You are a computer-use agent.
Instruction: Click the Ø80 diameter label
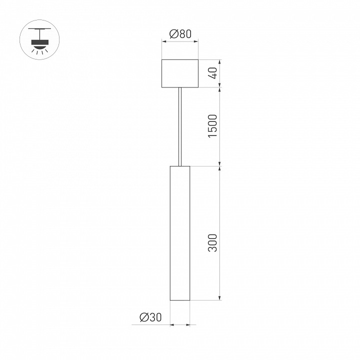coord(180,34)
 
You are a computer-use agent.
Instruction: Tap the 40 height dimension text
coord(213,73)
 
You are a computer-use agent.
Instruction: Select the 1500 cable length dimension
coord(213,126)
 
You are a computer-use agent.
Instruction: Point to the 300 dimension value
coord(213,242)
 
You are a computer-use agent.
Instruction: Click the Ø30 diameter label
coord(150,317)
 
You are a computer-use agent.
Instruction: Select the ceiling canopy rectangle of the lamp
coord(180,73)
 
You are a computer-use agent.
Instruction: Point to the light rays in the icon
coord(39,50)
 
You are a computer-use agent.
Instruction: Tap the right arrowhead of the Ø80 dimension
coord(196,42)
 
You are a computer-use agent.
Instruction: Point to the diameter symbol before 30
coord(143,317)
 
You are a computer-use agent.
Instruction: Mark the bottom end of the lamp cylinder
coord(180,300)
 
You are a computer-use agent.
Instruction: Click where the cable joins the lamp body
coord(180,164)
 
